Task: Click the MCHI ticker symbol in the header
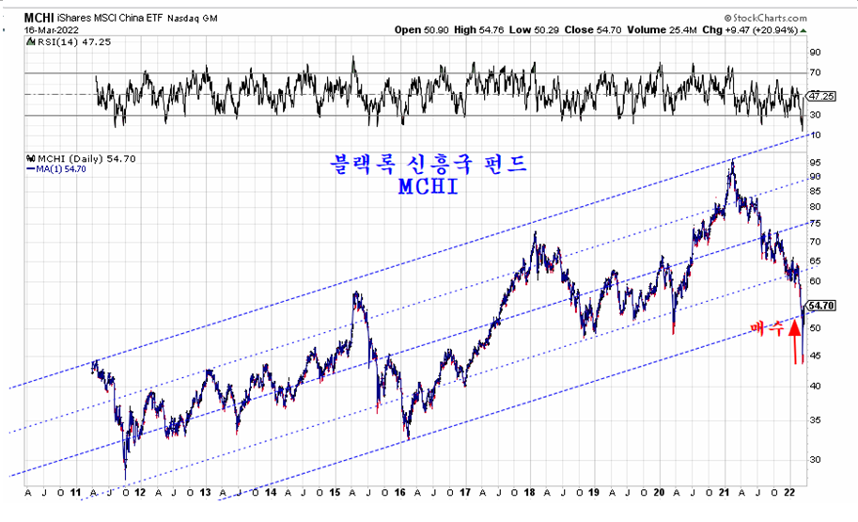click(x=39, y=17)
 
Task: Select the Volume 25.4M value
click(x=663, y=30)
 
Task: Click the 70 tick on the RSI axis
click(x=816, y=72)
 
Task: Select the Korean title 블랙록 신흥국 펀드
click(x=428, y=163)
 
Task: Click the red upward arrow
click(x=796, y=340)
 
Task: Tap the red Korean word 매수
click(x=768, y=328)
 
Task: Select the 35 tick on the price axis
click(x=814, y=420)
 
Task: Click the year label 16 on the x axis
click(x=401, y=492)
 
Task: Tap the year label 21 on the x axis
click(x=728, y=492)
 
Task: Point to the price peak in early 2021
click(x=732, y=162)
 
